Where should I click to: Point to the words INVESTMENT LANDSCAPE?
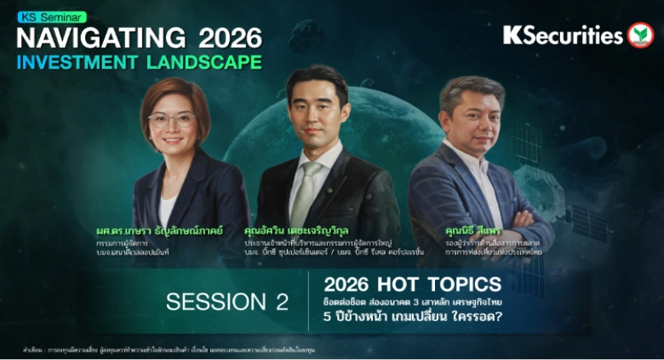138,62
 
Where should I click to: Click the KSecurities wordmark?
563,36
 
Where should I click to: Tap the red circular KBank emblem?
640,35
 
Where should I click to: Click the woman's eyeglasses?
172,120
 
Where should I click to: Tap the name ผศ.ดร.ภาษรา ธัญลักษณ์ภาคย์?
159,231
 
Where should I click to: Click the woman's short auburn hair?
175,92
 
